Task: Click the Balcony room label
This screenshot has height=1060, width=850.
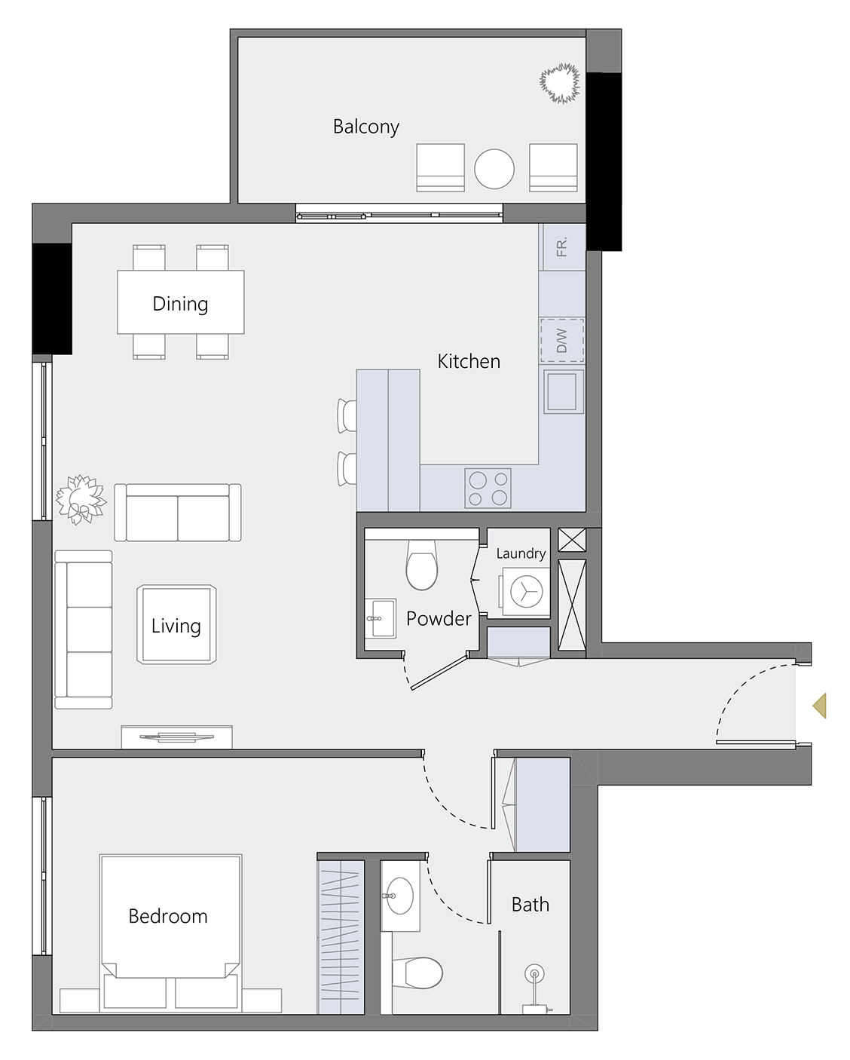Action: coord(365,127)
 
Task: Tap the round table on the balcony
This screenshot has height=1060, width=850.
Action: coord(494,169)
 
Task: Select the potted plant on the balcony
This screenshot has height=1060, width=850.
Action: coord(561,83)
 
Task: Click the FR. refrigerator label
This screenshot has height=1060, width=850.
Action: coord(561,247)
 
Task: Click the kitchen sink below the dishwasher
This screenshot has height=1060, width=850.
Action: coord(562,391)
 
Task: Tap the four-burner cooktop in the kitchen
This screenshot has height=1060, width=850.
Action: coord(488,488)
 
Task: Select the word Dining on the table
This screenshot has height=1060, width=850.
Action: coord(180,304)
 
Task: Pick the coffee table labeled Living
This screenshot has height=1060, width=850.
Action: coord(176,626)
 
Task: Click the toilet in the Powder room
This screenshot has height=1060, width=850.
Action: coord(422,565)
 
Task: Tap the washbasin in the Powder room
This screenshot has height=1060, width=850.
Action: coord(380,619)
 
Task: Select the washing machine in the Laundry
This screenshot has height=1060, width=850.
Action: coord(526,591)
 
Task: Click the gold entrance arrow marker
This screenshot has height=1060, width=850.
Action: coord(816,706)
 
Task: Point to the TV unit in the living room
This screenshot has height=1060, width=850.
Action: coord(177,737)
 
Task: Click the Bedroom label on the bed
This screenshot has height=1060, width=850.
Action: coord(168,916)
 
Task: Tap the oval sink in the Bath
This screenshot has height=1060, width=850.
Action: coord(399,896)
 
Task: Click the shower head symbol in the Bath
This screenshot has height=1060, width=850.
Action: coord(534,974)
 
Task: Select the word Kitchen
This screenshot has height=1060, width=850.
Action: coord(469,362)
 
